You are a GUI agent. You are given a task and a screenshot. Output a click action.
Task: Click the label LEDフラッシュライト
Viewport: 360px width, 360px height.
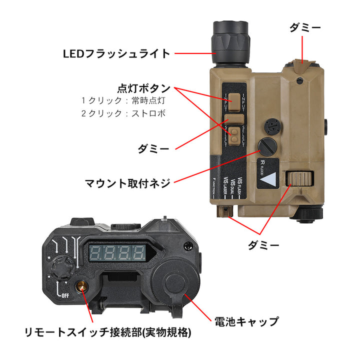116,53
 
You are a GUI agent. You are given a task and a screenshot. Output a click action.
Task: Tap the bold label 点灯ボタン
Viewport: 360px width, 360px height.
143,88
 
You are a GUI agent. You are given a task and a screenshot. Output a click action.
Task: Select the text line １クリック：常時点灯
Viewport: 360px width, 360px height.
123,100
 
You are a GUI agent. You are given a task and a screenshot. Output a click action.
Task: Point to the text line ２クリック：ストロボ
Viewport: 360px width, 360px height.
123,113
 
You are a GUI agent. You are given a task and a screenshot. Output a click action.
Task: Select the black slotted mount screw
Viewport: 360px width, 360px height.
265,147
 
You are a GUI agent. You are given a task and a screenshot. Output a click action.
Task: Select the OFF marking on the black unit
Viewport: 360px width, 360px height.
64,295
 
